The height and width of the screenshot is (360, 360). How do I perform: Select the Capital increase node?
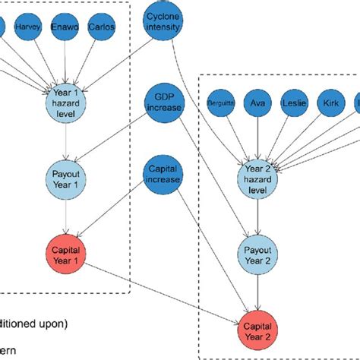pyautogui.click(x=165, y=174)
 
